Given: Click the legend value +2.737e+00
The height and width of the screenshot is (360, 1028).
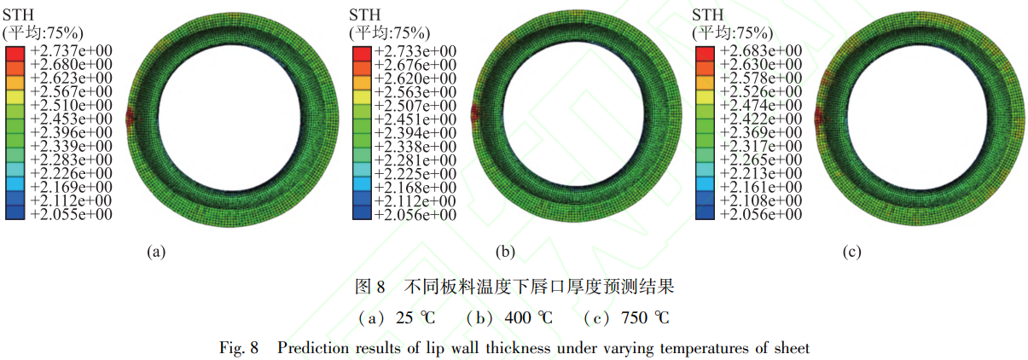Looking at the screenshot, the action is coord(71,50).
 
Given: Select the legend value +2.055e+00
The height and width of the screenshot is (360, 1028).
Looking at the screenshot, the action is coord(71,214).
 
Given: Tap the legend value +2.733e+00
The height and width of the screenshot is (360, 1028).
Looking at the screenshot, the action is coord(415,51).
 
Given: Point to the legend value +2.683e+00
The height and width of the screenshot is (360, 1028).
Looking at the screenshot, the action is coord(761,50).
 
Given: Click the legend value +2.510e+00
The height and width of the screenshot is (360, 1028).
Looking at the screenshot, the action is coord(71,105).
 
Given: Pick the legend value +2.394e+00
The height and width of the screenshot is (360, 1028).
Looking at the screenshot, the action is coord(415,133).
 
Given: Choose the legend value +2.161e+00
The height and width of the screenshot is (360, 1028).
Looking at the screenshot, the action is coord(761,187).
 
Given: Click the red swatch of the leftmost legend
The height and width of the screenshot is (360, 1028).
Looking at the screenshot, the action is coord(15,54).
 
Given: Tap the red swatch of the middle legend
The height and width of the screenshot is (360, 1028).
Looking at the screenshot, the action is coord(362,54).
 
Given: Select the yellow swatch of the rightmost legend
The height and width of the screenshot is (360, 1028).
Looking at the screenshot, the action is coord(705,97).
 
